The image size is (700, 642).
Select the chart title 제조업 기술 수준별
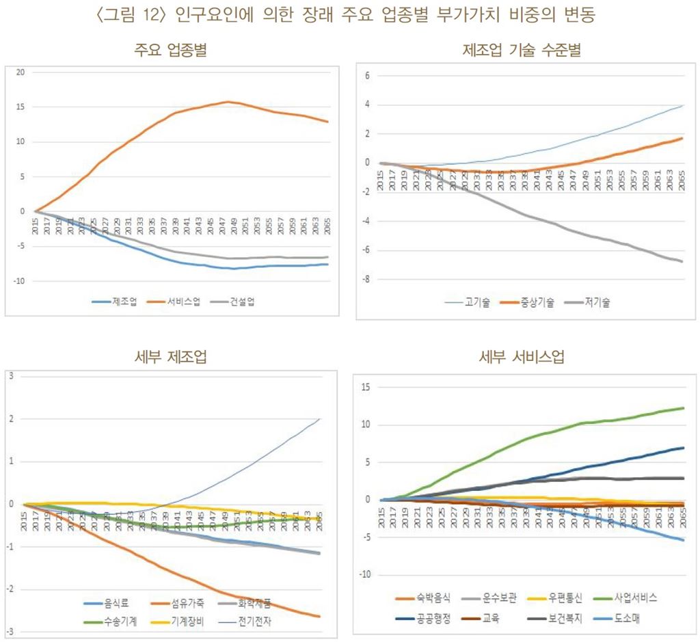[522, 51]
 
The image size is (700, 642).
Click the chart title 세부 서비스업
[523, 357]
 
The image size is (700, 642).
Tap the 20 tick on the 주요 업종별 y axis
[21, 72]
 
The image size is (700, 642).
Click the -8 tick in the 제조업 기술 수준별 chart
[366, 279]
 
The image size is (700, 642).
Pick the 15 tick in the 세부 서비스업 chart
[366, 387]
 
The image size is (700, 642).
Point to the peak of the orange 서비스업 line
[229, 102]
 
